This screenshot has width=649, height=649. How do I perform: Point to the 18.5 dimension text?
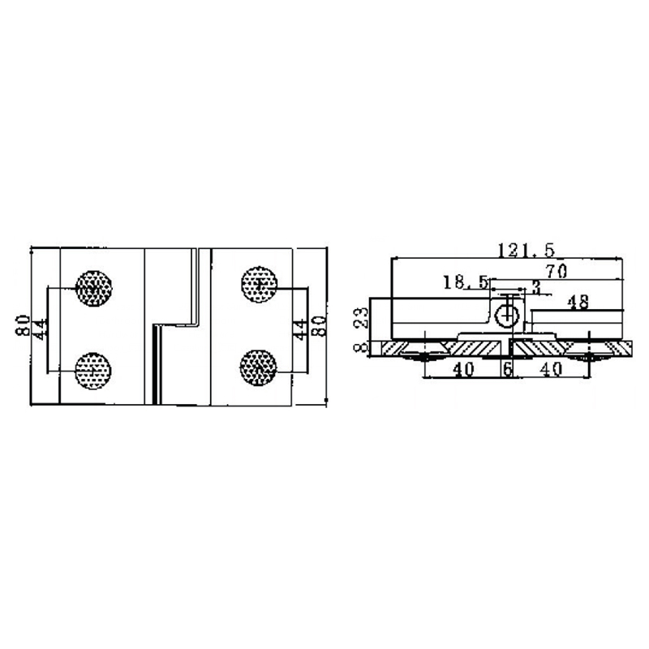click(x=465, y=282)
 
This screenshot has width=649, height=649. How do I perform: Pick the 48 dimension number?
click(x=578, y=302)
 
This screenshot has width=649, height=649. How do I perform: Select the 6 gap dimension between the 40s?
click(x=507, y=369)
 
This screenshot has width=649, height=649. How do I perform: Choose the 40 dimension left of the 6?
click(x=462, y=369)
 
